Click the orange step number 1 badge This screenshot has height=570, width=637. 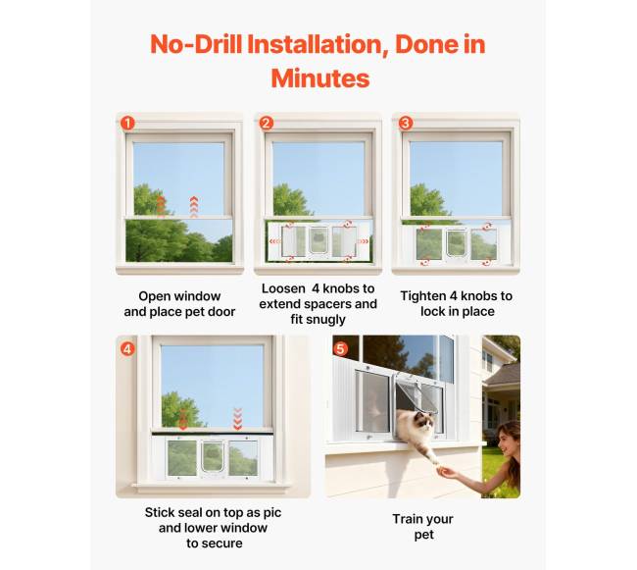click(127, 124)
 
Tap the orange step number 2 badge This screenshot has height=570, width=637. click(267, 124)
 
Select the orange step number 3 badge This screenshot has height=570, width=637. click(406, 124)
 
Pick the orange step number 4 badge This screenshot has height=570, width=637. click(127, 349)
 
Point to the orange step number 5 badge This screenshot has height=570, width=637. click(340, 349)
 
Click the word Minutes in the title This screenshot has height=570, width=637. click(320, 78)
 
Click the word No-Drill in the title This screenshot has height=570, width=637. click(196, 44)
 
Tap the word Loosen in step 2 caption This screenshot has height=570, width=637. click(283, 288)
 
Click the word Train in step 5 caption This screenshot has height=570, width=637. click(406, 519)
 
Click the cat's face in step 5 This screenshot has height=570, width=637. click(424, 422)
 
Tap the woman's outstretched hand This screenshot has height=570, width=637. click(447, 473)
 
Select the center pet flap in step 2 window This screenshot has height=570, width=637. click(318, 240)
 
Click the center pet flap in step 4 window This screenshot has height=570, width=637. click(213, 457)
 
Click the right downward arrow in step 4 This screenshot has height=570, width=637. click(238, 419)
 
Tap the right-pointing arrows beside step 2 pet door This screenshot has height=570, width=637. click(363, 241)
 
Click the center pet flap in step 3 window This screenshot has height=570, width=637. click(457, 243)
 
